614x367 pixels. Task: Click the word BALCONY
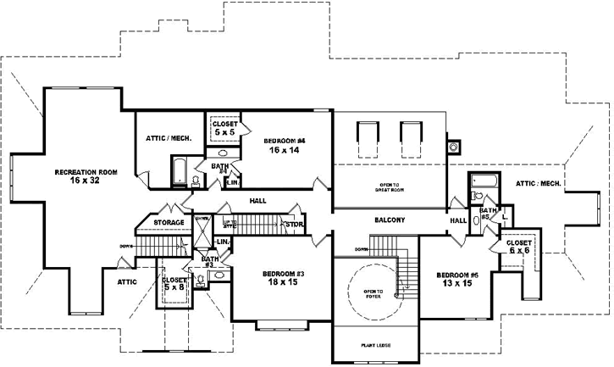tap(390, 220)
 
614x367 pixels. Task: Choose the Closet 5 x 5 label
tap(224, 129)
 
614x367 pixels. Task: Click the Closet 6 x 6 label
tap(519, 247)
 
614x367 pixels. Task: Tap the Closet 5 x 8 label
tap(174, 284)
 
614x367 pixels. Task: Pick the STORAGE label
tap(169, 223)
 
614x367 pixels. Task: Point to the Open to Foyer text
tap(373, 294)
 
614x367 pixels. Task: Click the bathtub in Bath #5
tap(487, 181)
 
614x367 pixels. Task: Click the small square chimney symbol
tap(454, 145)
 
